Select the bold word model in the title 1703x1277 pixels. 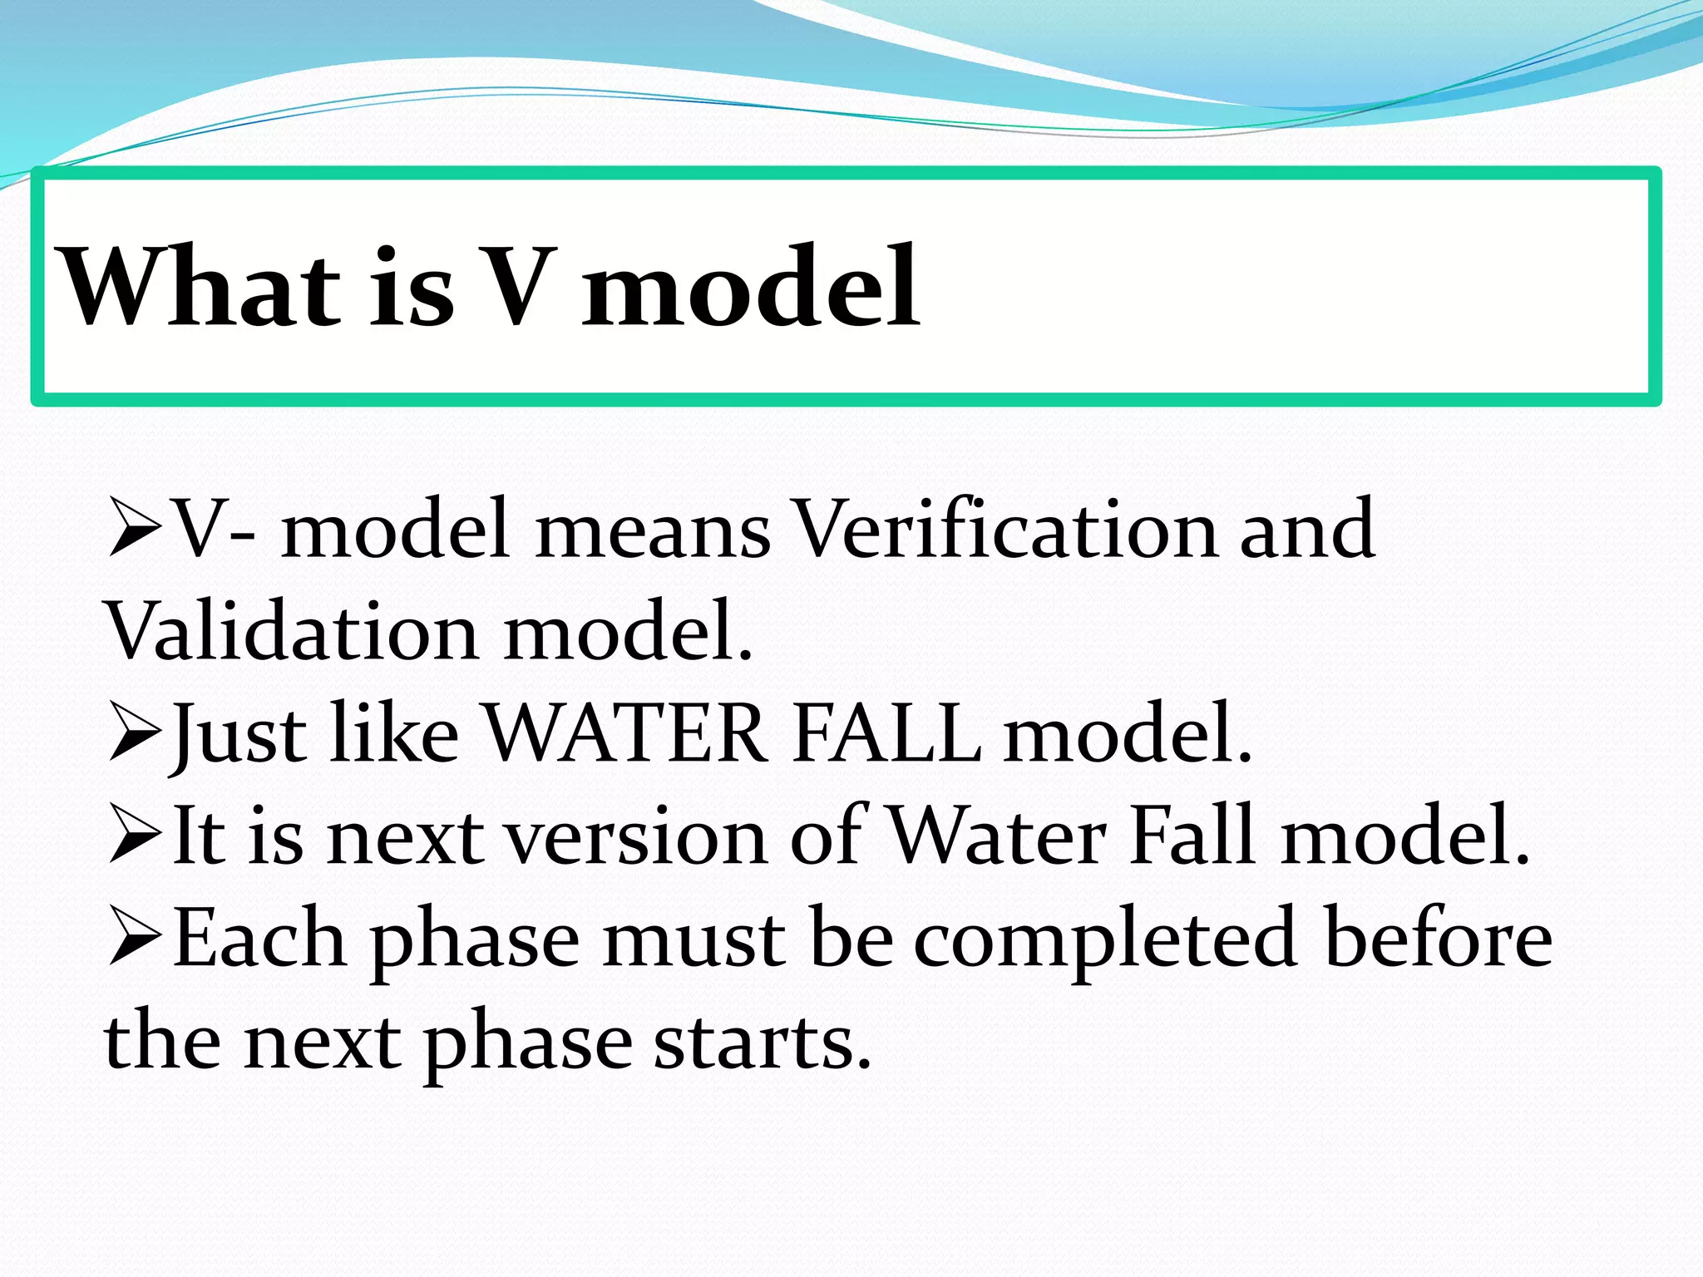[750, 287]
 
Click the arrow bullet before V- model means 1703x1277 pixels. [135, 529]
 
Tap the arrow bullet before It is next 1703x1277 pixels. [135, 836]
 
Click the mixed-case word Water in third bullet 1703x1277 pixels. [998, 836]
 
